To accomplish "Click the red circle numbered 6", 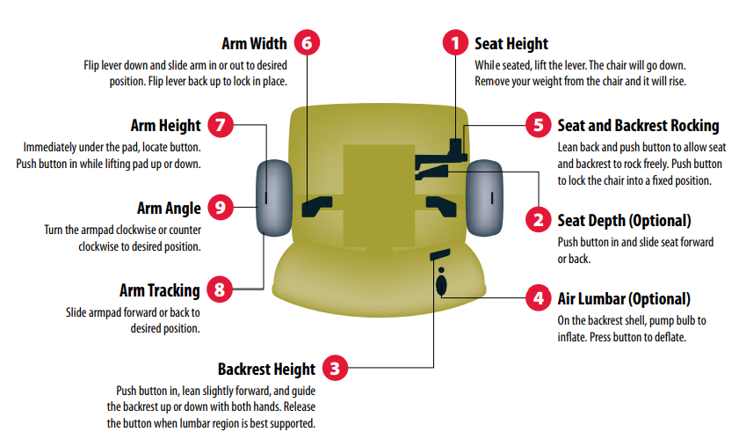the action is pos(307,42).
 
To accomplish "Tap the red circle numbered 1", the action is pos(455,42).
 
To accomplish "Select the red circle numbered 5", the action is pos(539,125).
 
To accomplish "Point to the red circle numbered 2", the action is pos(539,220).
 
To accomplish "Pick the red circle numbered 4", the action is pos(539,297).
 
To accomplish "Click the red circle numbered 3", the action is pos(335,368).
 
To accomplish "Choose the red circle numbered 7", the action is pos(221,125).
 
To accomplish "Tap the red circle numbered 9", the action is pos(221,207).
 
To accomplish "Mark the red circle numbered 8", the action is pos(220,289).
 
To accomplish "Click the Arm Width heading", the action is pos(255,43).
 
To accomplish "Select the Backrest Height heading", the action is pos(267,370).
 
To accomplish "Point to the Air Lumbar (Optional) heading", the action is pos(624,299).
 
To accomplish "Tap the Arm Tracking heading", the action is pos(160,290).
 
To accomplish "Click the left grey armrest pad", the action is pos(274,197).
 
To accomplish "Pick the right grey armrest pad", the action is pos(484,197).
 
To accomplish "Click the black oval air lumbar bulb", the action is pos(441,285).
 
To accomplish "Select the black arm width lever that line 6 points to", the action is pos(316,206).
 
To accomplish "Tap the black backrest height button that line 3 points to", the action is pos(439,254).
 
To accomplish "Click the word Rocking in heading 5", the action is pos(695,126).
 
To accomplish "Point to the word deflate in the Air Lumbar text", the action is pos(669,337).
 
